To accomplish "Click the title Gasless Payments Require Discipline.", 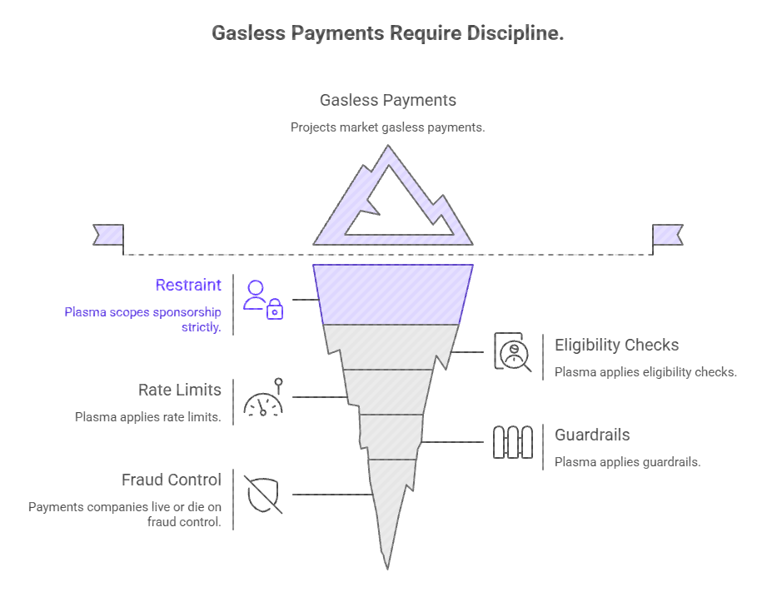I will click(388, 33).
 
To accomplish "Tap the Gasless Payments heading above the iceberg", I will click(388, 100).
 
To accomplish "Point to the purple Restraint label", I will click(188, 285).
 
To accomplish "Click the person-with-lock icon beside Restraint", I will click(262, 300).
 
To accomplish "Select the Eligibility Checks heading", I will click(616, 345).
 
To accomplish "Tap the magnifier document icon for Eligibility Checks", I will click(512, 351).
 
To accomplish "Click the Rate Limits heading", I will click(180, 390).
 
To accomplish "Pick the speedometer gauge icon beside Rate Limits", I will click(264, 398).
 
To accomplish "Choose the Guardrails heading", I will click(592, 435).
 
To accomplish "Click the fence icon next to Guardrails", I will click(512, 442).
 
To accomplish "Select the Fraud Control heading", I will click(172, 480).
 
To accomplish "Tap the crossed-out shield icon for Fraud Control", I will click(263, 493).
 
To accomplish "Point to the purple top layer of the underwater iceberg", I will click(391, 294).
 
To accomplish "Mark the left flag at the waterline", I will click(109, 234).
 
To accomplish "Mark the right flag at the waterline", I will click(667, 234).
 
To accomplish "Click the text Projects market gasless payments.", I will click(388, 127).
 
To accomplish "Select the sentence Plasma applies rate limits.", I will click(148, 417).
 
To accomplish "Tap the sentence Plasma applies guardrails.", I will click(627, 462).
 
